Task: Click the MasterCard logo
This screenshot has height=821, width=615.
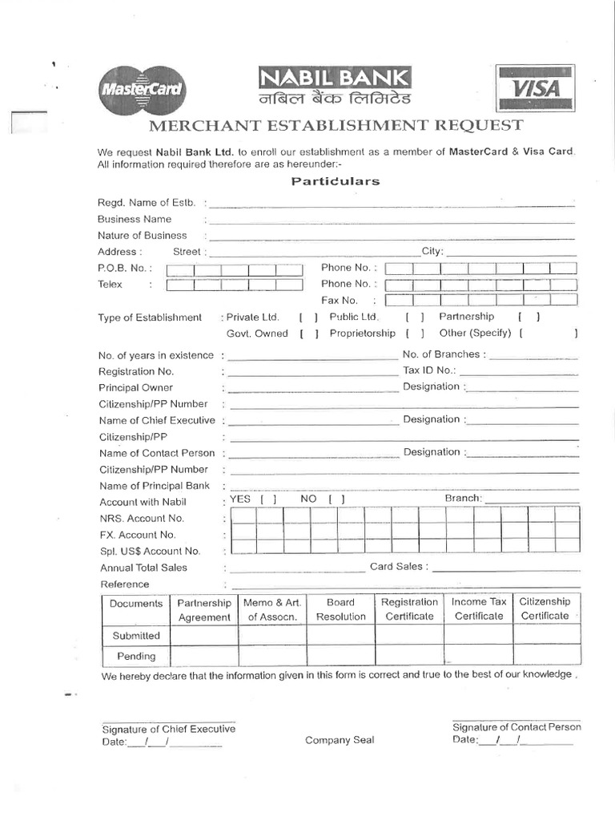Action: tap(141, 90)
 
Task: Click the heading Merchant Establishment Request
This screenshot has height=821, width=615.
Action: tap(335, 125)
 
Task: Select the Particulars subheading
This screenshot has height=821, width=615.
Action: tap(335, 181)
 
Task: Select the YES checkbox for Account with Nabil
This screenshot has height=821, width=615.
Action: tap(268, 499)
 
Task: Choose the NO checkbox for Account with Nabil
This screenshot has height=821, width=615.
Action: tap(336, 499)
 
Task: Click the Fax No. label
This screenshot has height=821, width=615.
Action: tap(340, 301)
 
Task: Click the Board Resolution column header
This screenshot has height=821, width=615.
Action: tap(341, 609)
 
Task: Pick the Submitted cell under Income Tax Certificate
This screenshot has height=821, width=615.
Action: tap(479, 636)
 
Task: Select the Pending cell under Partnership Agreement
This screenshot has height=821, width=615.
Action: tap(204, 656)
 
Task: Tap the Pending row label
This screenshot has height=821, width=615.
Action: tap(136, 656)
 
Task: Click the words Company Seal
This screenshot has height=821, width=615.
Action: tap(340, 740)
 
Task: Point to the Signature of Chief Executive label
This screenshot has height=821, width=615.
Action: tap(168, 729)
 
